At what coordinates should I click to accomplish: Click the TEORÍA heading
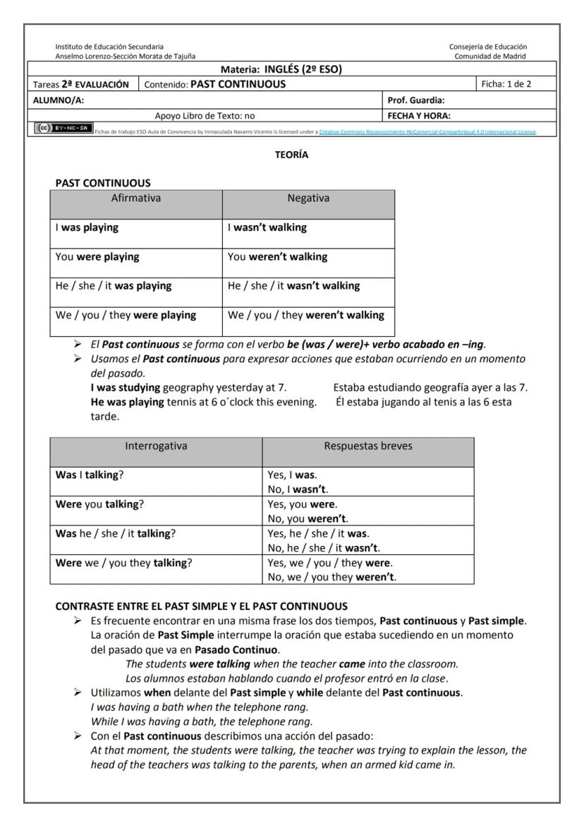tap(291, 155)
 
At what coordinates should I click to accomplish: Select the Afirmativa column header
tap(136, 198)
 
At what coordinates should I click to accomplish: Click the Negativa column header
tap(308, 198)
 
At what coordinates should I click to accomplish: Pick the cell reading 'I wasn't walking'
tap(267, 227)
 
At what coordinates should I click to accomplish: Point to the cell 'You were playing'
tap(97, 256)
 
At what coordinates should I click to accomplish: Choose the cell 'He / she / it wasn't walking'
tap(293, 285)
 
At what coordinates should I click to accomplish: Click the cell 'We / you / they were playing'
tap(126, 315)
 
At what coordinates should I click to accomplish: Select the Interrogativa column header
tap(156, 446)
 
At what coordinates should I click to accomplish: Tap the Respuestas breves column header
tap(367, 446)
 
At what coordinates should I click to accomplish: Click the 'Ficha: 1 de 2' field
tap(506, 84)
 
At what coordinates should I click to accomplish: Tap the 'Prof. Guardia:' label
tap(417, 100)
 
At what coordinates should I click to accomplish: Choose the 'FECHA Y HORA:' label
tap(420, 115)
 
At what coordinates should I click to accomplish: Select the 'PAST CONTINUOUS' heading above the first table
tap(103, 183)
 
